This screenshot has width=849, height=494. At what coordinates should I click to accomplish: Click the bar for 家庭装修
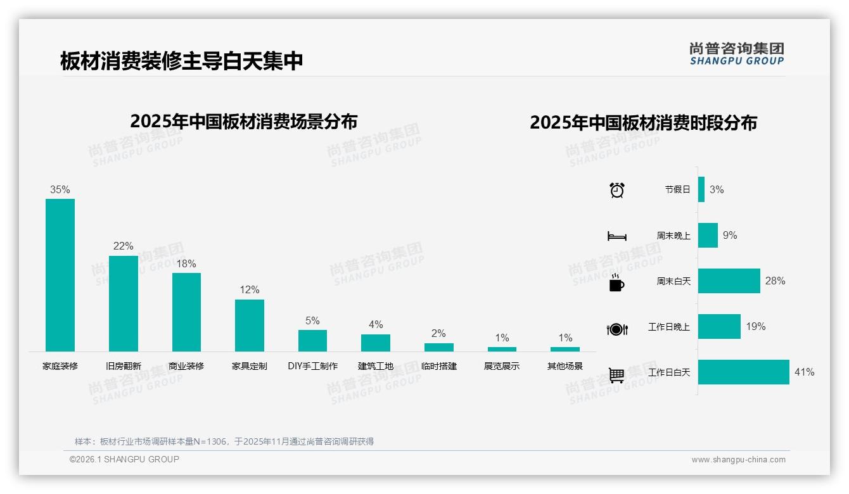tap(60, 275)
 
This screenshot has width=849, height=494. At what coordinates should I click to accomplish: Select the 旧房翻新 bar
tap(123, 303)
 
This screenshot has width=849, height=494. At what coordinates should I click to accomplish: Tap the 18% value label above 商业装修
tap(186, 263)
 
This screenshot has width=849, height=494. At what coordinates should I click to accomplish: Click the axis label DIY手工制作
tap(312, 366)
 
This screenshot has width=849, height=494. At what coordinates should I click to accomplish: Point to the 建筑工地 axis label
tap(376, 366)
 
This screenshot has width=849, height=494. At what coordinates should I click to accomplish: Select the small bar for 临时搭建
tap(438, 347)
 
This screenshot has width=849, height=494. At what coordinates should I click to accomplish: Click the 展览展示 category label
tap(502, 366)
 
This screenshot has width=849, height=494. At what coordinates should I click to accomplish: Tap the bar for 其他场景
tap(565, 349)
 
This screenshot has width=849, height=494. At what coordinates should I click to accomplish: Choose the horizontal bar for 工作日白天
tap(744, 372)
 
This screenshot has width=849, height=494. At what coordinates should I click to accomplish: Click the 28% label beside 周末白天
tap(775, 281)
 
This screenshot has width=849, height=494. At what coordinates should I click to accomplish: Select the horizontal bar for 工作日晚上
tap(719, 326)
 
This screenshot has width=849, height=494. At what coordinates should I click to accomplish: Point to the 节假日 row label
tap(677, 189)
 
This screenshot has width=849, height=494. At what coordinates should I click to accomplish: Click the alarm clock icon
tap(616, 189)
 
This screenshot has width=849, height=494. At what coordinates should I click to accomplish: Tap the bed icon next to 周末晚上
tap(616, 236)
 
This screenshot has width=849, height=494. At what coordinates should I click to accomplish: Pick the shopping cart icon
tap(616, 375)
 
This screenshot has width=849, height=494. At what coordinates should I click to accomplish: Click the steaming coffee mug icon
tap(616, 282)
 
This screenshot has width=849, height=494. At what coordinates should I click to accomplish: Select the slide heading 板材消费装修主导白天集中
tap(182, 61)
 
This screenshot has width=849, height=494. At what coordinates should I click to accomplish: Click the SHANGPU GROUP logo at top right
tap(737, 54)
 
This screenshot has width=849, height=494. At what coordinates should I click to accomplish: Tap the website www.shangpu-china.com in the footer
tap(738, 460)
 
